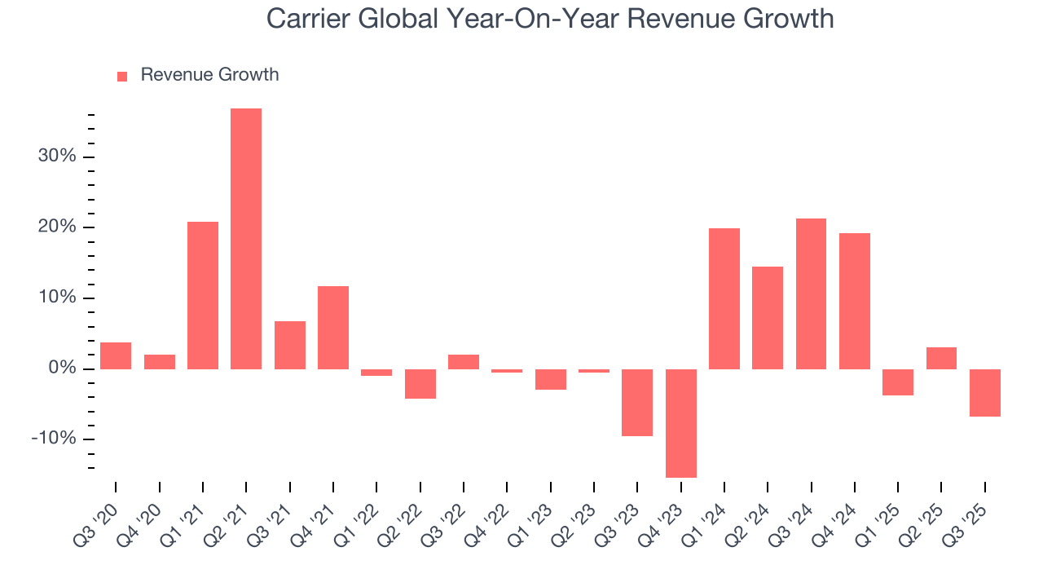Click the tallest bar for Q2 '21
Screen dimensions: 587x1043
coord(246,238)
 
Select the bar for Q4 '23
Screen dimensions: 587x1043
coord(681,423)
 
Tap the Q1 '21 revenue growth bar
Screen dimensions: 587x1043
coord(203,295)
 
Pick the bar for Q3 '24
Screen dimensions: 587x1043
coord(811,293)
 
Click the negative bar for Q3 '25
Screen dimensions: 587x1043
coord(985,393)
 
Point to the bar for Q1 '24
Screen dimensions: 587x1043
coord(724,298)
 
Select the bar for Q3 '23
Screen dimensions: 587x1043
coord(637,403)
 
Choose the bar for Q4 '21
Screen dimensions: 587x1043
coord(333,328)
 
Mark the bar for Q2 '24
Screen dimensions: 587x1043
coord(768,318)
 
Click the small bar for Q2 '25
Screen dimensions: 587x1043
coord(941,359)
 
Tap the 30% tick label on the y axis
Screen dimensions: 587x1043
coord(57,157)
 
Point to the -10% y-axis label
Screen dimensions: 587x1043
coord(54,439)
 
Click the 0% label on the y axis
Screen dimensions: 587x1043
coord(62,369)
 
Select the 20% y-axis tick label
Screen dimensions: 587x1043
coord(57,227)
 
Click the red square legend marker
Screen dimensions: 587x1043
coord(122,76)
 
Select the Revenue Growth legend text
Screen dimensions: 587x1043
coord(209,75)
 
